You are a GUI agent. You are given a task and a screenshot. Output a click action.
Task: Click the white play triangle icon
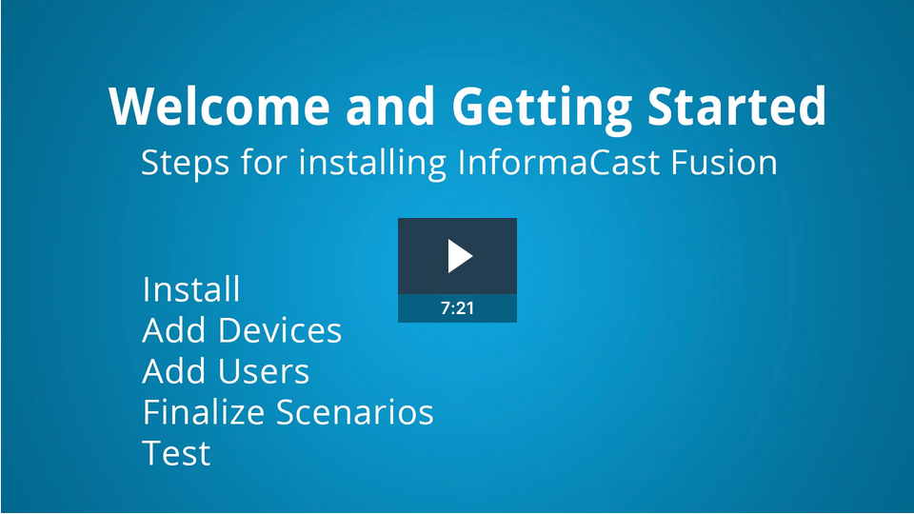(460, 256)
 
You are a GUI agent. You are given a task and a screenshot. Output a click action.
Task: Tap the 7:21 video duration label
(457, 308)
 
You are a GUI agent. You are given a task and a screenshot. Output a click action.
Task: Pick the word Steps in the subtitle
(183, 163)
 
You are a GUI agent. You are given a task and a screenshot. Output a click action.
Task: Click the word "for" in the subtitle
(262, 162)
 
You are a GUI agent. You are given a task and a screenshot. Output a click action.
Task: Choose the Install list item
(190, 288)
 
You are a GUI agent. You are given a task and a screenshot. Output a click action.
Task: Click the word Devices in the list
(280, 330)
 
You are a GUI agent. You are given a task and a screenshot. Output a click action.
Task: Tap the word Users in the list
(264, 371)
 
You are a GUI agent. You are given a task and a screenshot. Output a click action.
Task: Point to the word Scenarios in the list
(355, 412)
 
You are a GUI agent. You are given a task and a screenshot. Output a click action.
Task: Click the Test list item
(176, 453)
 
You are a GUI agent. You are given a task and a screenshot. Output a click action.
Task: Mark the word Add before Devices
(175, 330)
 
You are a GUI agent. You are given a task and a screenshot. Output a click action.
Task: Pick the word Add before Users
(175, 371)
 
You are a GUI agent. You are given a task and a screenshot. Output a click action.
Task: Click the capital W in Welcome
(132, 107)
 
